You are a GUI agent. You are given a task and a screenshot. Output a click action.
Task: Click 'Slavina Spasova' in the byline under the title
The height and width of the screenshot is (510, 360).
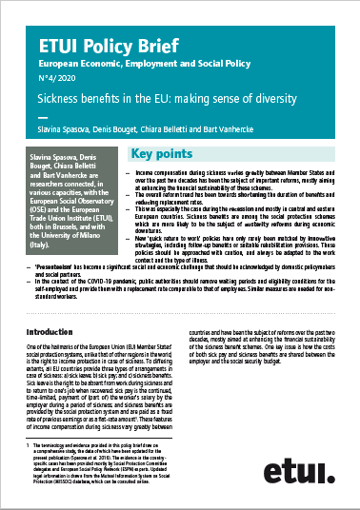coord(77,129)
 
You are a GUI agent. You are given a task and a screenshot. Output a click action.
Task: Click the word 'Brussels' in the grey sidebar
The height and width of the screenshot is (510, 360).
coord(74,221)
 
